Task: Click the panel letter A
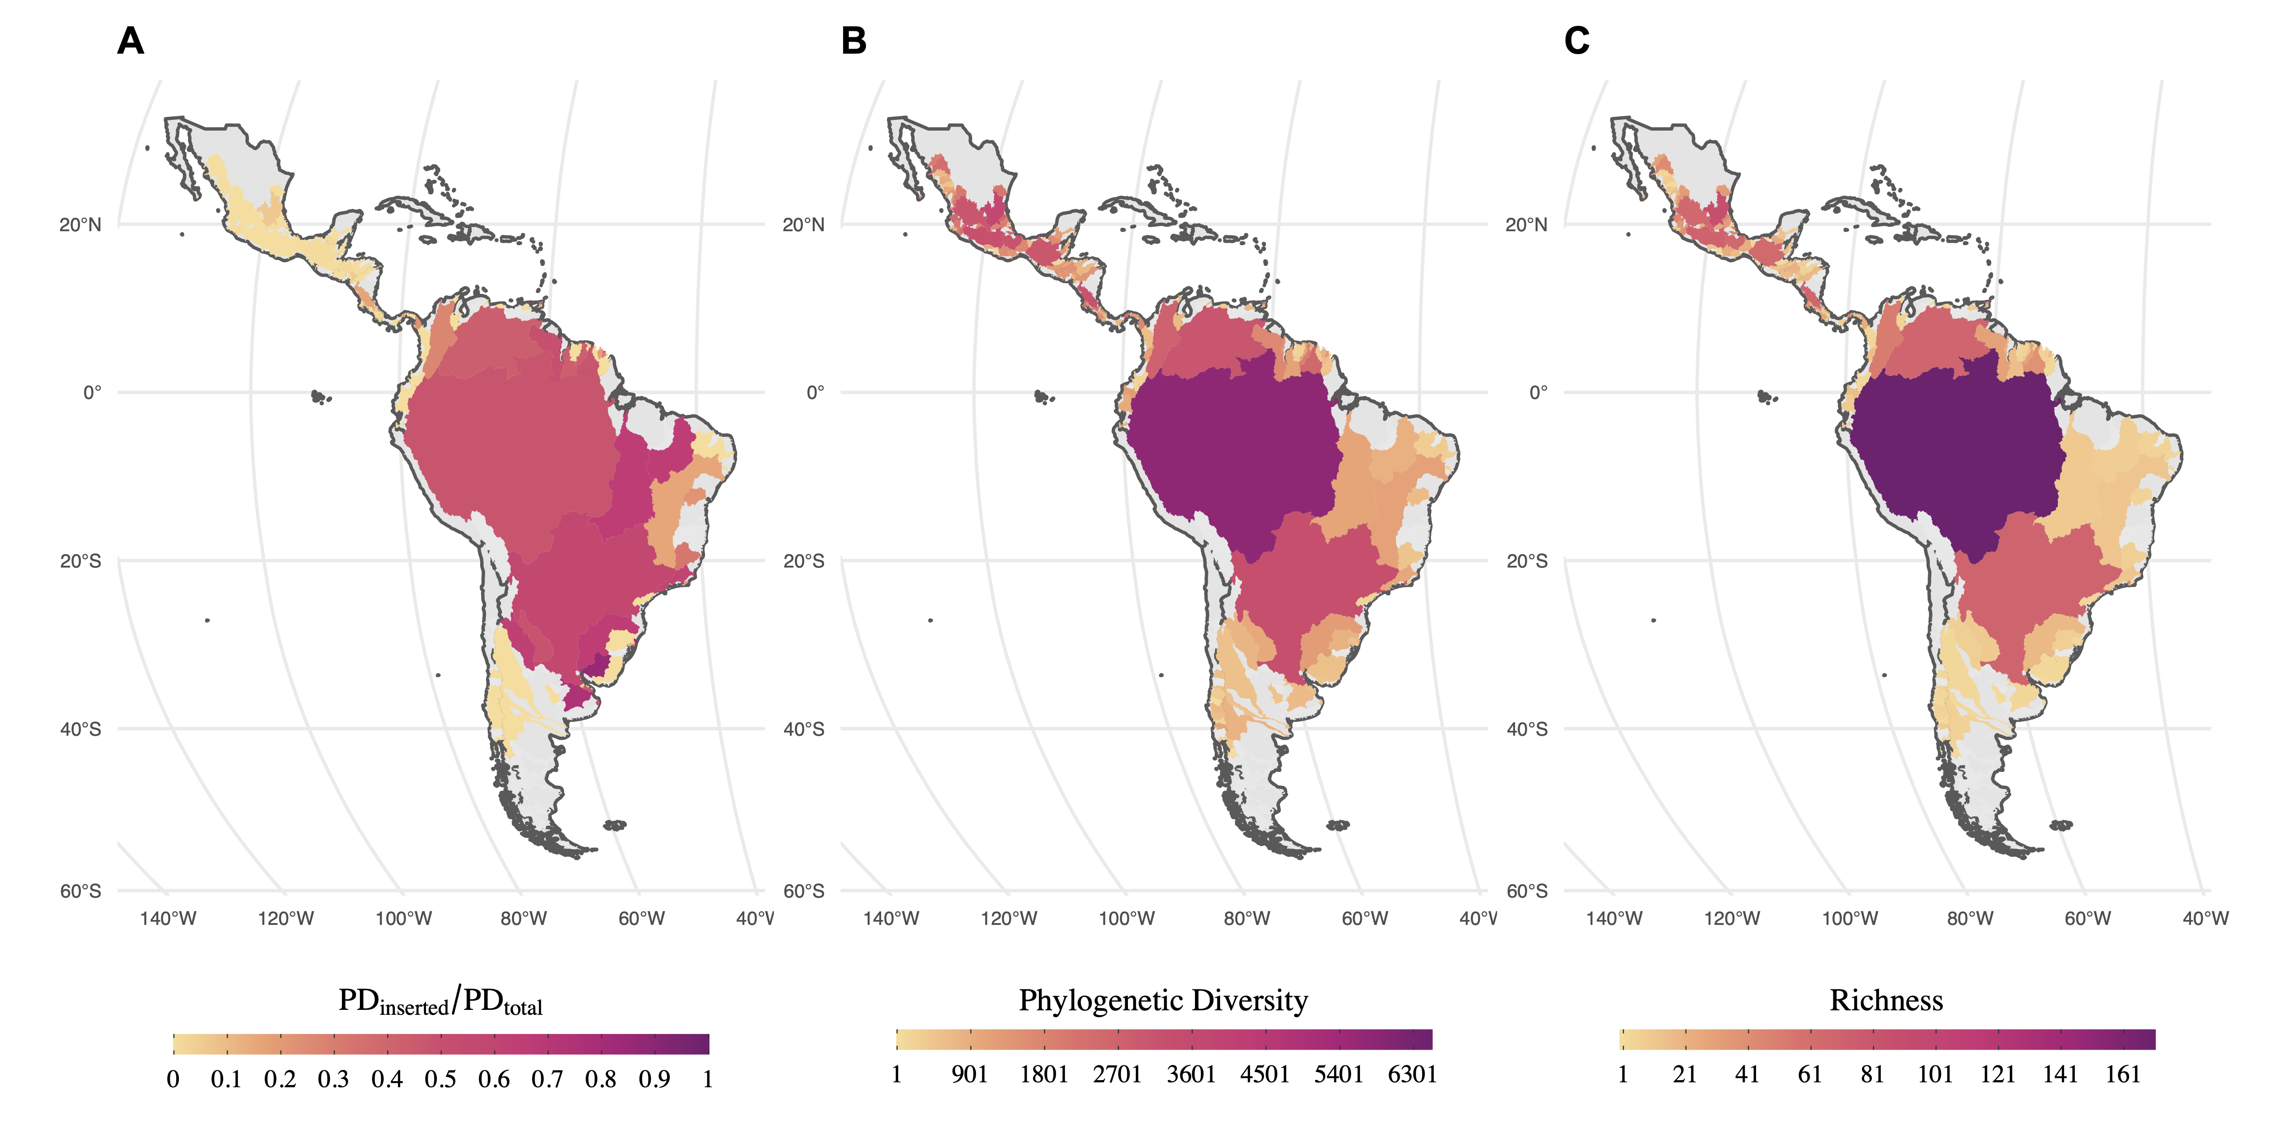pyautogui.click(x=131, y=42)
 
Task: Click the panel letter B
pyautogui.click(x=853, y=42)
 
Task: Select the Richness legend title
pyautogui.click(x=1886, y=1000)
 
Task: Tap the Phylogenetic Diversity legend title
pyautogui.click(x=1163, y=1000)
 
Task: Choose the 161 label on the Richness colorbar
pyautogui.click(x=2123, y=1074)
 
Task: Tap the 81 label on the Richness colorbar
pyautogui.click(x=1873, y=1074)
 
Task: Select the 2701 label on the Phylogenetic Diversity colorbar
pyautogui.click(x=1117, y=1074)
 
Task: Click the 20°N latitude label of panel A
pyautogui.click(x=80, y=225)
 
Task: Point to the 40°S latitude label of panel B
pyautogui.click(x=803, y=729)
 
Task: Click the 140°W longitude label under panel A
pyautogui.click(x=168, y=918)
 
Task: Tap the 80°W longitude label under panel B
pyautogui.click(x=1246, y=918)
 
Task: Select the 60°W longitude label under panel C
pyautogui.click(x=2088, y=918)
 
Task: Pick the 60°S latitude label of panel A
pyautogui.click(x=80, y=891)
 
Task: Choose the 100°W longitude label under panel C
pyautogui.click(x=1849, y=918)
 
